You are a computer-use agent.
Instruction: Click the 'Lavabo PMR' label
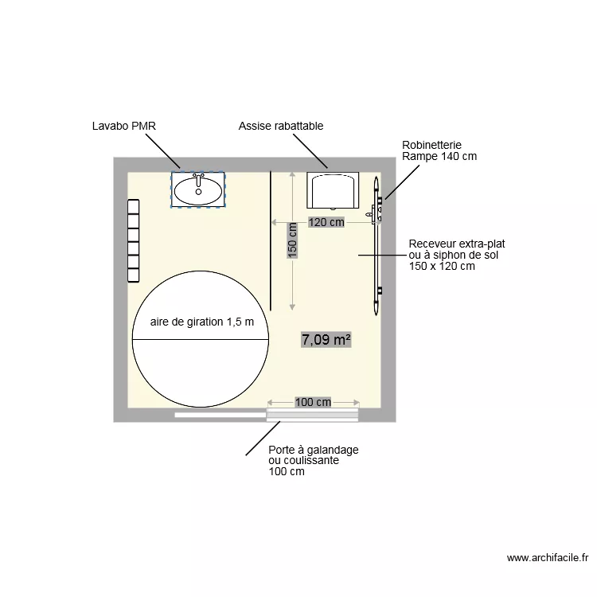pos(123,126)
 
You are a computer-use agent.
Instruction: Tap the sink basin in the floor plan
pos(198,190)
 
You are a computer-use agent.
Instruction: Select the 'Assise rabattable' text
pos(281,126)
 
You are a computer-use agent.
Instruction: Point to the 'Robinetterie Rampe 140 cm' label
pos(439,151)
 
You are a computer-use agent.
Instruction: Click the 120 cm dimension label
pos(326,222)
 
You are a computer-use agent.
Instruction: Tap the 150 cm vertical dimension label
pos(292,240)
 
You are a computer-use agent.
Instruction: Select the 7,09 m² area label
pos(326,340)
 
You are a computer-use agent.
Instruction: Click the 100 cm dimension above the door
pos(313,402)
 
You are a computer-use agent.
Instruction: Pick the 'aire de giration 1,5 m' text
pos(202,322)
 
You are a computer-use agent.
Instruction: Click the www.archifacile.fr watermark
pos(547,558)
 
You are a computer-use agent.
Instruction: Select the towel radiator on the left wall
pos(134,240)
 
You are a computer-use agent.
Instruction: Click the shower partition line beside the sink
pos(271,239)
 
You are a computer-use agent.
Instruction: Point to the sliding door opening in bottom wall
pos(312,414)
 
